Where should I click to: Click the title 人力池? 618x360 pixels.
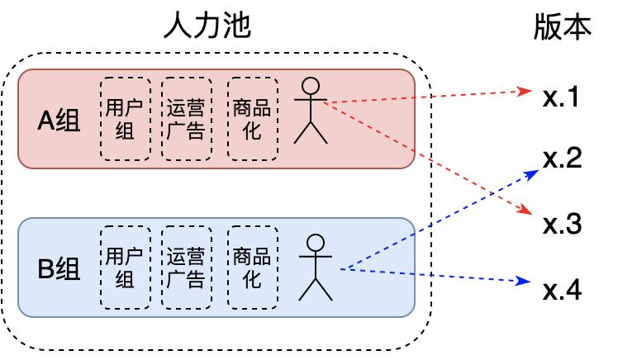pos(207,26)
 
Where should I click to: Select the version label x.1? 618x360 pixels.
pos(563,98)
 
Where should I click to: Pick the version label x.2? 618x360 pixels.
pos(563,159)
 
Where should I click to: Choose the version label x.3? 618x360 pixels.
pos(563,225)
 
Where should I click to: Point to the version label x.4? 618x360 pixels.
pos(563,291)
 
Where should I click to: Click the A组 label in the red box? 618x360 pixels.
pos(60,121)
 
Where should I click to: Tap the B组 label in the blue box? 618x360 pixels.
pos(60,269)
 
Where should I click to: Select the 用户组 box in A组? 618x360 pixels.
pos(125,119)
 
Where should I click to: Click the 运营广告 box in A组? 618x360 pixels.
pos(186,119)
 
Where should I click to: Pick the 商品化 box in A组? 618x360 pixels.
pos(251,119)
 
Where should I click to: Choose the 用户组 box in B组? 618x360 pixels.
pos(125,268)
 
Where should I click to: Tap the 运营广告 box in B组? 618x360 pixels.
pos(186,268)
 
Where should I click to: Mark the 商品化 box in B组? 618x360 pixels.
pos(251,268)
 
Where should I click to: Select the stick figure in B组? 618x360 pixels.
pos(315,266)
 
